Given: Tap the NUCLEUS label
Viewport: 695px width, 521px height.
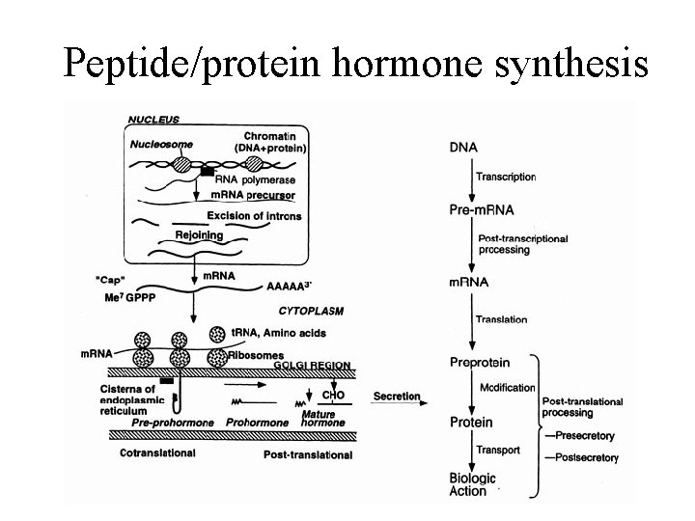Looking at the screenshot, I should [153, 119].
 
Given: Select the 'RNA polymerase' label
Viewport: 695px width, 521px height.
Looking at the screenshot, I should [256, 179].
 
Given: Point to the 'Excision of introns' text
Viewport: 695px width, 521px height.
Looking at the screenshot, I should [254, 214].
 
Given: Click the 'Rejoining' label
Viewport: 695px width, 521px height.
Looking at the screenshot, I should [199, 234].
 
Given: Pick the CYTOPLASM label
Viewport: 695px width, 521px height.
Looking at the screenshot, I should [311, 311].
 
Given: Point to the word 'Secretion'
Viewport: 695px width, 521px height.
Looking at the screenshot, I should [397, 396].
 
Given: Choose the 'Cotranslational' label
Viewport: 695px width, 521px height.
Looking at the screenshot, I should [157, 452].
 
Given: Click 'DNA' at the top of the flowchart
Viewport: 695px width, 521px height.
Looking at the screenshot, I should [463, 147].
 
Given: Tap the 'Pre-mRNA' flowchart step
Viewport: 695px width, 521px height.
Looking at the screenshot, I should [482, 208].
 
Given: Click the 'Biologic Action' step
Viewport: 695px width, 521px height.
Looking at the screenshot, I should [473, 484].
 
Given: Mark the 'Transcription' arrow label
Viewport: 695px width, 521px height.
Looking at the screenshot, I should [507, 177].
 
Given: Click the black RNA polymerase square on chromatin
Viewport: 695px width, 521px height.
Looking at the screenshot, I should [207, 171].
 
